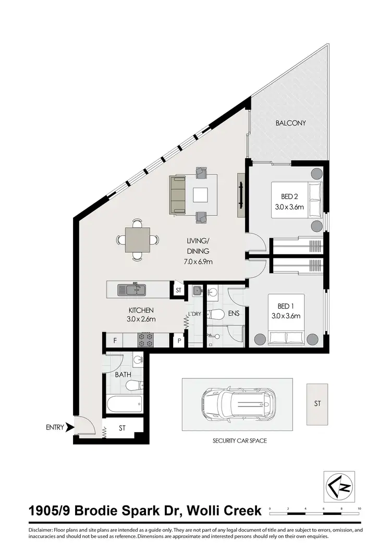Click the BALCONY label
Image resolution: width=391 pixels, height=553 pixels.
point(290,124)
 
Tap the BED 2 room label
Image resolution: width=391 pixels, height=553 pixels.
point(290,196)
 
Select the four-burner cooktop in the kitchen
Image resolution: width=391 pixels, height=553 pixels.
point(145,340)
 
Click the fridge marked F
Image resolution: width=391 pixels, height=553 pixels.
point(115,341)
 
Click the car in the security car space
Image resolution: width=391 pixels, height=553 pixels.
point(238,404)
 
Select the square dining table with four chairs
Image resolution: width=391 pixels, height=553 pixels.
point(138,240)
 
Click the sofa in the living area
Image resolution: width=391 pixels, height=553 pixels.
point(177,194)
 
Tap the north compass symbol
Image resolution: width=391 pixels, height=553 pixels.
point(339,486)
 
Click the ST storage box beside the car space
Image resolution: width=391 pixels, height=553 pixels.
point(317,404)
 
